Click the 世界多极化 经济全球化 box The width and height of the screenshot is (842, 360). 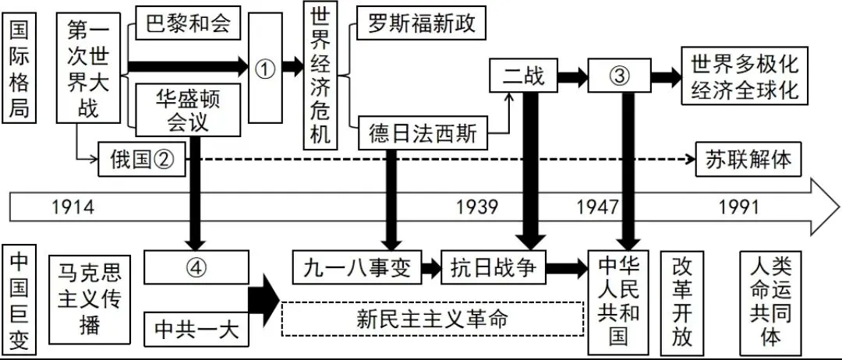(741, 76)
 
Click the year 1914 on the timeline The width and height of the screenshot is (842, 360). (73, 206)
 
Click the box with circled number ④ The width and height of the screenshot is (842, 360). (196, 267)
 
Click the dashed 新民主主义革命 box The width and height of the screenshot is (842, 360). (433, 319)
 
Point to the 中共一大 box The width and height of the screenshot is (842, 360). (196, 328)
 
